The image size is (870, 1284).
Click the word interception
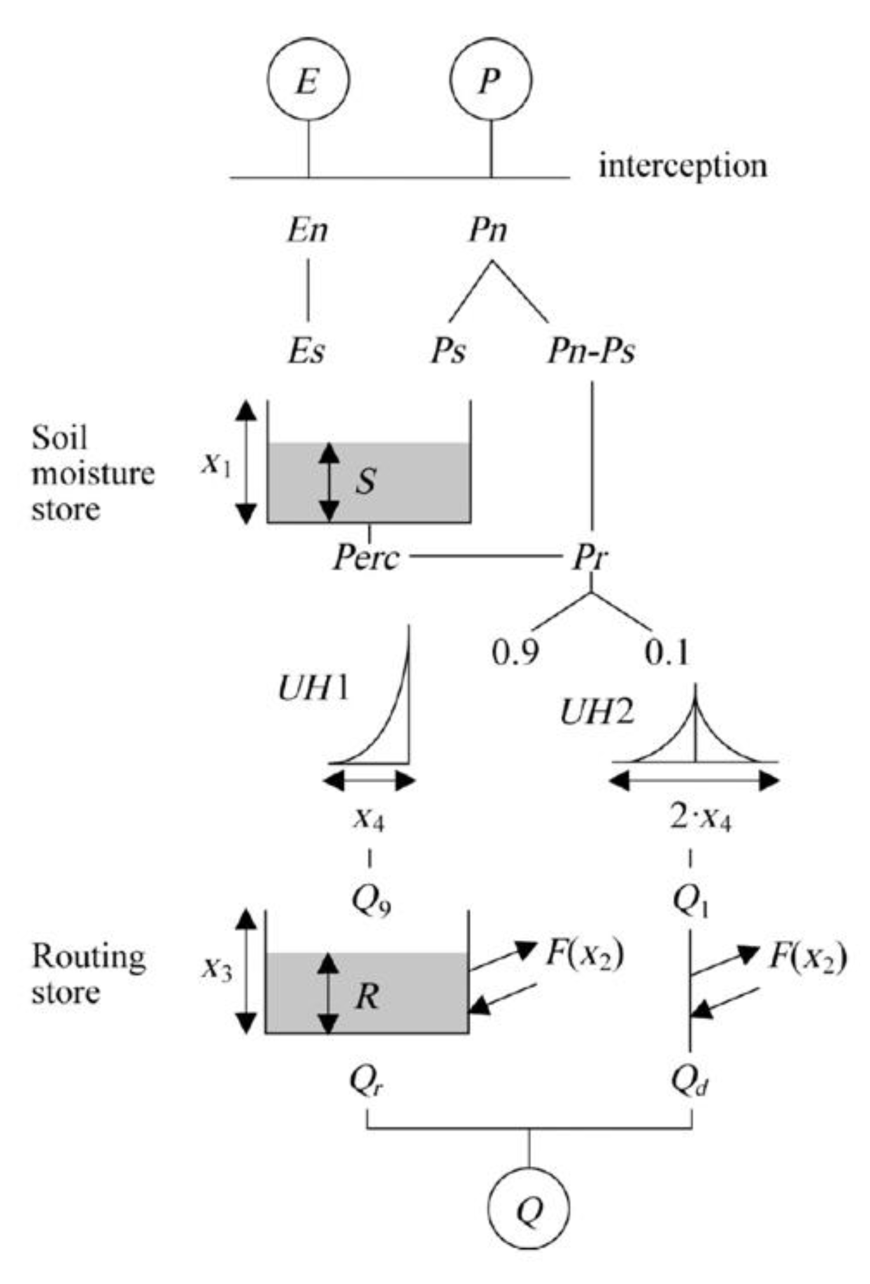[x=683, y=166]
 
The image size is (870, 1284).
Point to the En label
[x=308, y=230]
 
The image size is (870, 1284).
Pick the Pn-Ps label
[x=592, y=351]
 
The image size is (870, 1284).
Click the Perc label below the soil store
[x=367, y=558]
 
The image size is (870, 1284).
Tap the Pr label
[x=590, y=558]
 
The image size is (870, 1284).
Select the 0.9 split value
[x=516, y=652]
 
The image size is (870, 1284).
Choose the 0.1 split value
[x=666, y=652]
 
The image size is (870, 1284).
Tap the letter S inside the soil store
[x=366, y=481]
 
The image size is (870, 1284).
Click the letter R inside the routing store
[x=367, y=996]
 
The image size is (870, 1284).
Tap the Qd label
[x=691, y=1080]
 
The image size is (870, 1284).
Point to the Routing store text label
[x=89, y=974]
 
